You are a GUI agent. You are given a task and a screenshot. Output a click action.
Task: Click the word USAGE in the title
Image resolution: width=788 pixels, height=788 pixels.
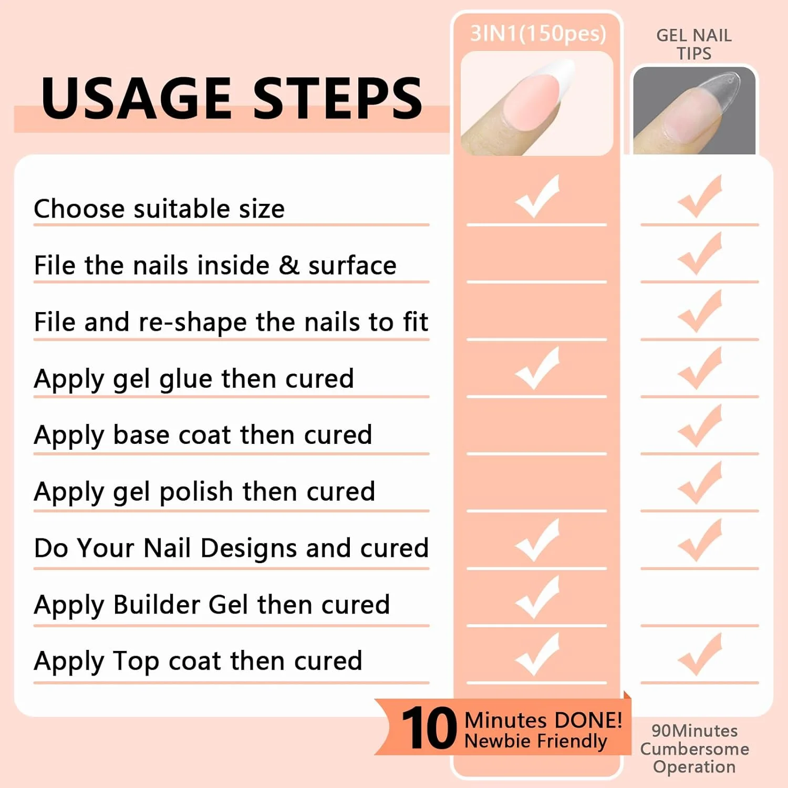137,98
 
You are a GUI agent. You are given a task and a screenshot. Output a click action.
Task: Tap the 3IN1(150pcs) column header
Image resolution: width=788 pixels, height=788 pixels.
538,34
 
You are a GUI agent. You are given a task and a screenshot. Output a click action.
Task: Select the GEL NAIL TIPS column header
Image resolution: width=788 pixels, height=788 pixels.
694,44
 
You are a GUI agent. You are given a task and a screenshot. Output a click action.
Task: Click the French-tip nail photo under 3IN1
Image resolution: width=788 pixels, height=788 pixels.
537,103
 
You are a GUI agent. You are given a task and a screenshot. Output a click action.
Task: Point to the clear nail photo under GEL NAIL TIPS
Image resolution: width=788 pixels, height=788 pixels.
694,110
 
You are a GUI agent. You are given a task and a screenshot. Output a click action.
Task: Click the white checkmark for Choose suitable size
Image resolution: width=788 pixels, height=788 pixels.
537,196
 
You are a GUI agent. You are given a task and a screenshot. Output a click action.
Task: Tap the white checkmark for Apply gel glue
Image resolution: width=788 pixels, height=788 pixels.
537,368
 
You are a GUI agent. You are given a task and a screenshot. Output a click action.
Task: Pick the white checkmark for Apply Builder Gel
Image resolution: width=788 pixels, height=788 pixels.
537,597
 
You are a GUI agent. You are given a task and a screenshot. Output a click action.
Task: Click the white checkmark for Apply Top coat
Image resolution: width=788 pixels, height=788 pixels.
537,655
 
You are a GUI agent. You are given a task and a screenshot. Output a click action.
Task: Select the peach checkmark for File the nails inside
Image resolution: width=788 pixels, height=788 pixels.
700,254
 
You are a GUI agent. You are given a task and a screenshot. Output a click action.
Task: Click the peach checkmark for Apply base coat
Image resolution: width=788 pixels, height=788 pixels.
700,426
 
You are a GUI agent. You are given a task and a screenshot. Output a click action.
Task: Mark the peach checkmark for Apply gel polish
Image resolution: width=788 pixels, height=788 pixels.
700,483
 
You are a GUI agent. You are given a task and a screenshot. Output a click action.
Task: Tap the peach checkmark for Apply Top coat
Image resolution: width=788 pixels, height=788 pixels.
700,655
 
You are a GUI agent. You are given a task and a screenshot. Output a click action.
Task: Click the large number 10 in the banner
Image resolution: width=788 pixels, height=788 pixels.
429,728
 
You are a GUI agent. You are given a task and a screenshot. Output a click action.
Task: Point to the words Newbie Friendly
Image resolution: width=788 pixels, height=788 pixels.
536,741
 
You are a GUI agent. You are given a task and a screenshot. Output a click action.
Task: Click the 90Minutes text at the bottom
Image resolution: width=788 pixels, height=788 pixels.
694,731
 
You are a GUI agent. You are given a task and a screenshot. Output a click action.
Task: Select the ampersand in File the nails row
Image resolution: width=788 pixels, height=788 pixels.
289,265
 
